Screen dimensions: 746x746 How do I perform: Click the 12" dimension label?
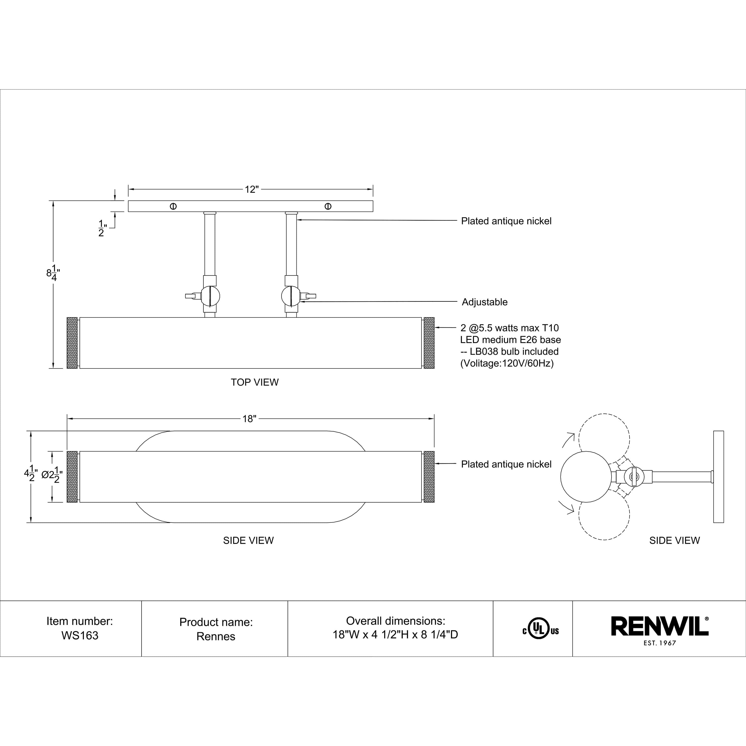coord(251,189)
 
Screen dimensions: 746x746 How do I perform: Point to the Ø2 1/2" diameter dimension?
coord(52,474)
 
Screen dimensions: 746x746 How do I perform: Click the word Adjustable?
coord(485,302)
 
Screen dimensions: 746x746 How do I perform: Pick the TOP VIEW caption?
coord(254,382)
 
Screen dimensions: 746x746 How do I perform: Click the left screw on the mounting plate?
coord(173,206)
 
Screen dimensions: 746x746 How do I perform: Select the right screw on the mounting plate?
coord(328,206)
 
